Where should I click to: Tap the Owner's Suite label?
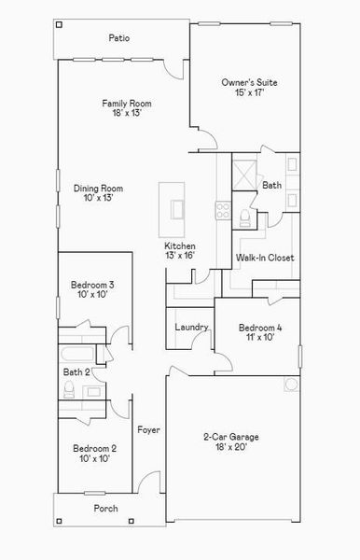click(249, 89)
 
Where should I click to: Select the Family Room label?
click(127, 108)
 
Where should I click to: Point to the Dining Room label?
click(99, 193)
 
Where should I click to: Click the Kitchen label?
click(180, 250)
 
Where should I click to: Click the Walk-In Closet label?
click(265, 257)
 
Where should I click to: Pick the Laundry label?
click(190, 328)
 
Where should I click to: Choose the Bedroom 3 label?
click(92, 289)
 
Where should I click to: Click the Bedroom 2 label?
click(94, 454)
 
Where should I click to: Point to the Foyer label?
click(148, 430)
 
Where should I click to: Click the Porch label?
click(105, 509)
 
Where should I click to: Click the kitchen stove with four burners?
click(224, 210)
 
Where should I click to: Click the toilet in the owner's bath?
click(244, 217)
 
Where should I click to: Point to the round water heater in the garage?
click(291, 385)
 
